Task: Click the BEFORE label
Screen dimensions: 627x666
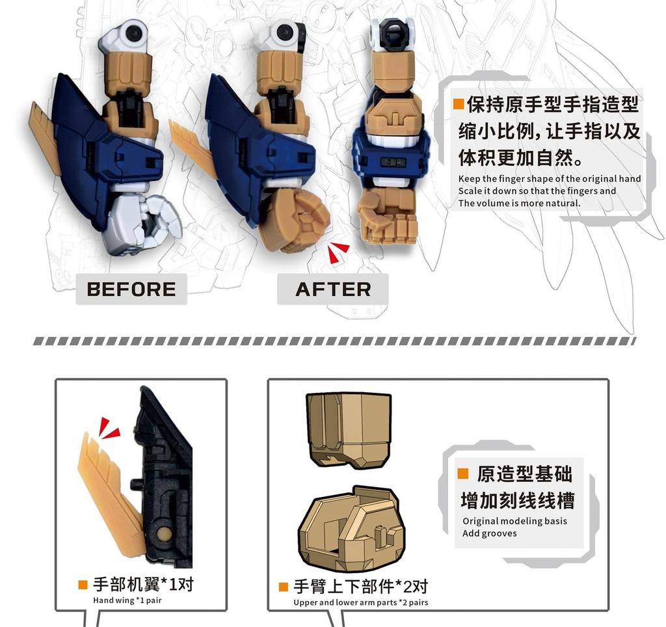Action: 131,289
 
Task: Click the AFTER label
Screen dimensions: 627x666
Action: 333,289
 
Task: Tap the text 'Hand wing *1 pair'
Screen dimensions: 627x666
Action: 127,600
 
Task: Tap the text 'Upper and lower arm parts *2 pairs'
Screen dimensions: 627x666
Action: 361,602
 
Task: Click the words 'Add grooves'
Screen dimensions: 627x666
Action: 490,533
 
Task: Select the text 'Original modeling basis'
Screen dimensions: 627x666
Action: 514,521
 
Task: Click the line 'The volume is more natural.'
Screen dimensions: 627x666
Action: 518,203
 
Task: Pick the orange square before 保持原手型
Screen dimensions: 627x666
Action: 459,104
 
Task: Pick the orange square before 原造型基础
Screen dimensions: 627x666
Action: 463,474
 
